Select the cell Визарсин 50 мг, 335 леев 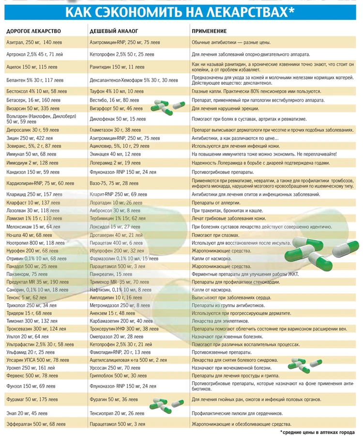tap(33, 109)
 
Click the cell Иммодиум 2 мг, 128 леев tap(32, 163)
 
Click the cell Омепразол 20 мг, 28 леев tap(116, 336)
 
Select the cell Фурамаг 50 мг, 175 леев tap(32, 400)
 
